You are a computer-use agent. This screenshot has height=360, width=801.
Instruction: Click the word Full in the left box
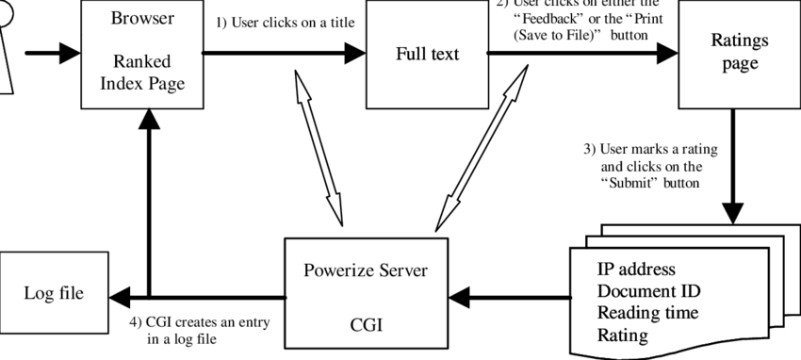coord(409,54)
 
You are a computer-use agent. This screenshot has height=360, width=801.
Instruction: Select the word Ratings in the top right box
coord(740,41)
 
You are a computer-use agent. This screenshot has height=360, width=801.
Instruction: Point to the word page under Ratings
coord(740,65)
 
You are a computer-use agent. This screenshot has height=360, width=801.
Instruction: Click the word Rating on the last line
coord(623,335)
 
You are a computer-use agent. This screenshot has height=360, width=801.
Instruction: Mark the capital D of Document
coord(604,291)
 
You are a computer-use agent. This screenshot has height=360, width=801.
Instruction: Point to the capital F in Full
coord(400,54)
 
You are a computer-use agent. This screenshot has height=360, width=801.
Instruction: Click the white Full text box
coord(427,85)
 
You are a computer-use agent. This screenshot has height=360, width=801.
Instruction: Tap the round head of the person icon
coord(2,11)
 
